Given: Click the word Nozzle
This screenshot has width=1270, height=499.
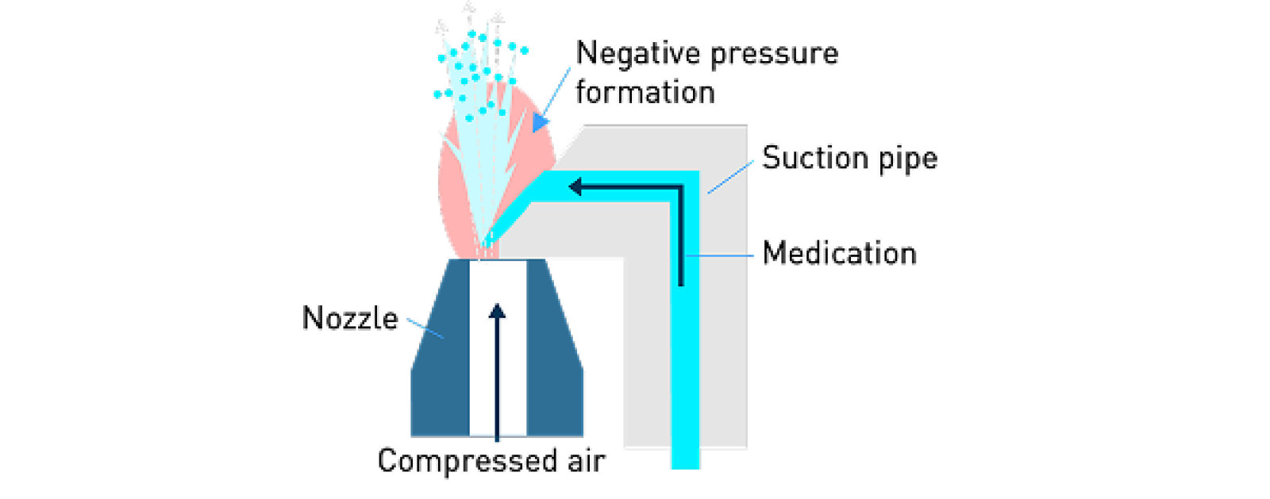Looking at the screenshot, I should pos(349,318).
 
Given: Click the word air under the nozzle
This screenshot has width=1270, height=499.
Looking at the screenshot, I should pos(586,461).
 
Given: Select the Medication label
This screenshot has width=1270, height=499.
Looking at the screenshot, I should pos(839,254).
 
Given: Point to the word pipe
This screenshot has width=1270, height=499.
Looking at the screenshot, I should pos(907,159).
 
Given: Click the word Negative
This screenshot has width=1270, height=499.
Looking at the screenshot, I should pos(637,53).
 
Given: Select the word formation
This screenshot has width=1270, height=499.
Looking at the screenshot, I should pos(645,93).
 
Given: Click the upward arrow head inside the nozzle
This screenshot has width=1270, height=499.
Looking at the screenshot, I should pos(497,310).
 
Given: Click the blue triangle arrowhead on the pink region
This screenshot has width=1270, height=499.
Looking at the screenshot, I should pos(541,122).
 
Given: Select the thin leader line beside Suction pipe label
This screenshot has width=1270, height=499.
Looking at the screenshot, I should pos(730,177).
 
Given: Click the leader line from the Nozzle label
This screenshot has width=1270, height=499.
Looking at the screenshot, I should pos(425,328).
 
